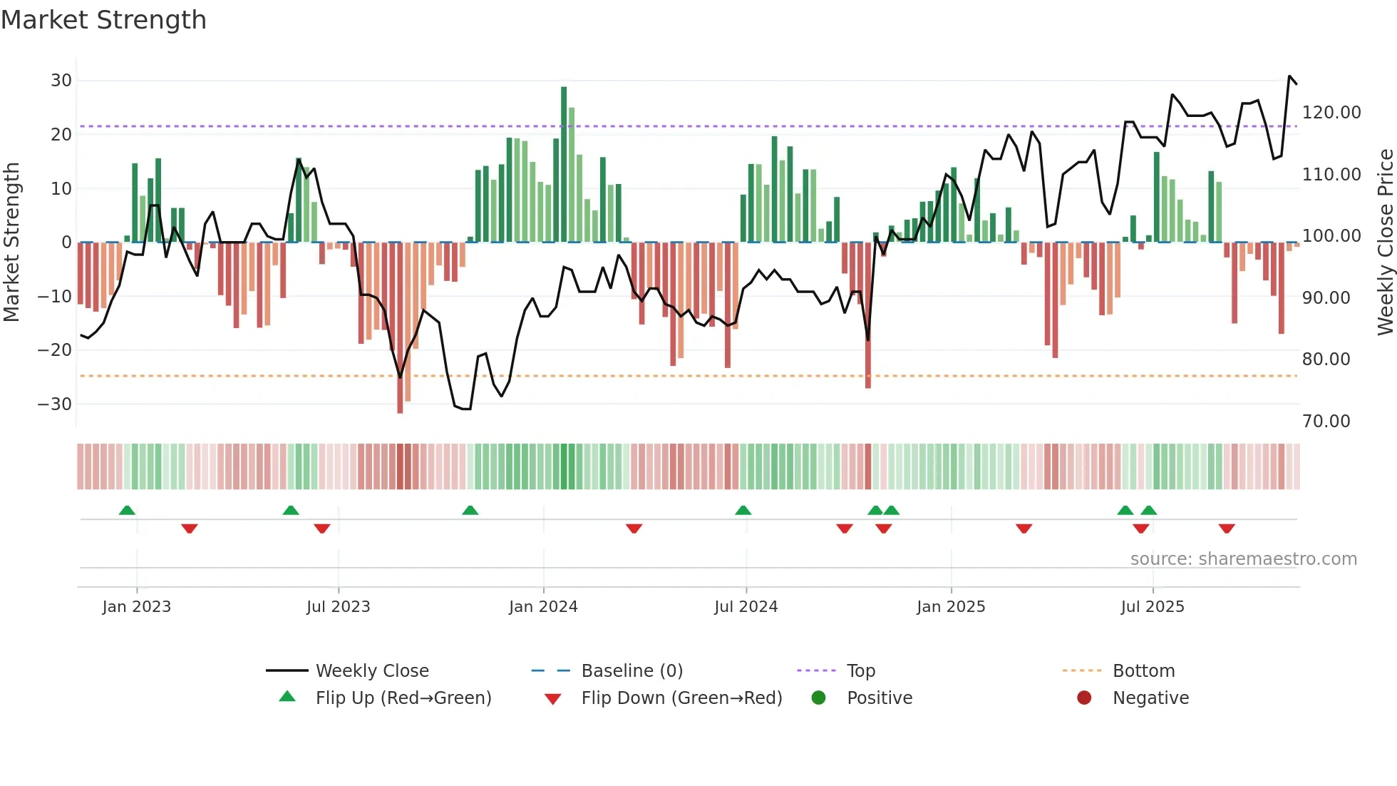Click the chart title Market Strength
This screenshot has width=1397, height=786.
pos(103,20)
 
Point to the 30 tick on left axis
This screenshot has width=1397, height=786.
pos(61,81)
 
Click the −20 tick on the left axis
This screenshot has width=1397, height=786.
pos(55,350)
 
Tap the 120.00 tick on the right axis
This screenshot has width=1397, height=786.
pos(1331,113)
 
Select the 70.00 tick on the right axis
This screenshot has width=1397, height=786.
pos(1326,422)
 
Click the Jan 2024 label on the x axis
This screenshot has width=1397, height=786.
pos(543,607)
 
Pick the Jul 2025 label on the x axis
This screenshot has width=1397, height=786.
pos(1152,607)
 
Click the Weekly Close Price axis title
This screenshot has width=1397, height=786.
pos(1385,243)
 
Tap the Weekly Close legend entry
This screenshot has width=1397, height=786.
pos(371,671)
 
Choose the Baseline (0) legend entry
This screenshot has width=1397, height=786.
pos(632,671)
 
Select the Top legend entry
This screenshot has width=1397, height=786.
pos(860,671)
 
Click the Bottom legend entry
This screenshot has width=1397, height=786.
pos(1143,671)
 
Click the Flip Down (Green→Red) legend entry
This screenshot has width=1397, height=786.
pos(681,698)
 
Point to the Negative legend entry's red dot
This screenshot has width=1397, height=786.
pos(1084,698)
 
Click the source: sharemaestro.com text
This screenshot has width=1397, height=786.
pos(1243,559)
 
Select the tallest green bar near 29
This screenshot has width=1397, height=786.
pos(564,164)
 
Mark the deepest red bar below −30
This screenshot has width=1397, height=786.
pos(400,328)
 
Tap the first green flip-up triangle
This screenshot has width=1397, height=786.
pos(127,510)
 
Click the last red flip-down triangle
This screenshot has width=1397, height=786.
pos(1227,529)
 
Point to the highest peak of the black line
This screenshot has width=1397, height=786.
pos(1289,76)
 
